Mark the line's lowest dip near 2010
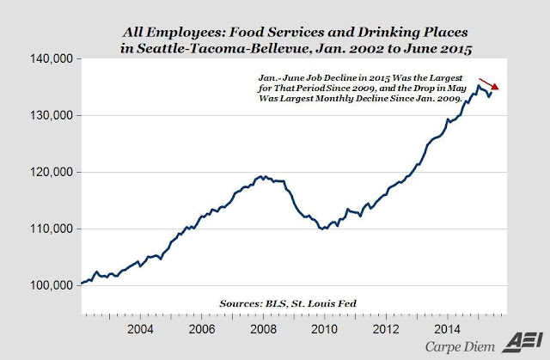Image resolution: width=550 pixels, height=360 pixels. click(x=324, y=229)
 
